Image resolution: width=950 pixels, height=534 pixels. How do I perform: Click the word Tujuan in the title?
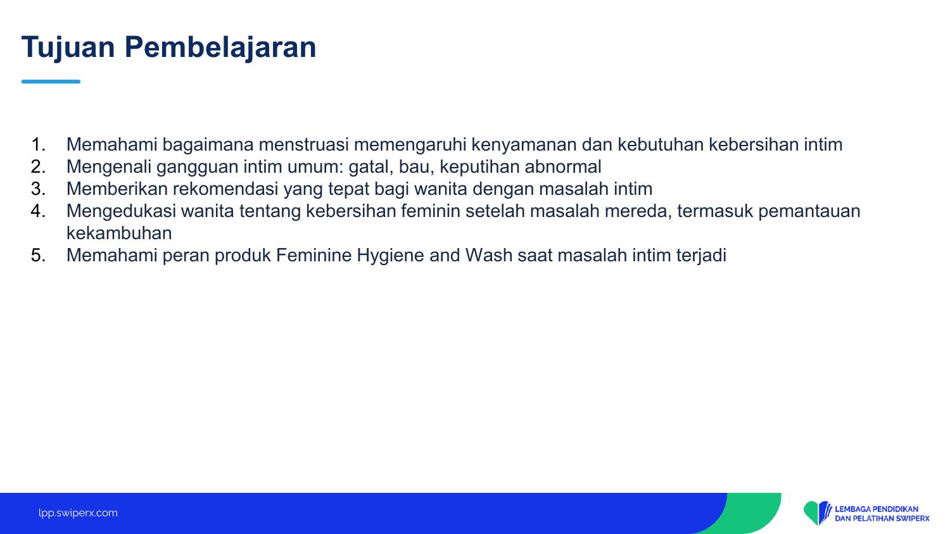[x=68, y=47]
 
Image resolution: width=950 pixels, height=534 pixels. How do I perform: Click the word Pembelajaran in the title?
[x=220, y=47]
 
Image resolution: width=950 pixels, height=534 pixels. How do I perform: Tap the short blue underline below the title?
[x=51, y=82]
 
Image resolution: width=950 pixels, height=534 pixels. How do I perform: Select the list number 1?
[x=38, y=144]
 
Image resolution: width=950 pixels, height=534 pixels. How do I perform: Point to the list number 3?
[x=38, y=189]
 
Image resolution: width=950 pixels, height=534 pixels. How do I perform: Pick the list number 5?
[x=38, y=255]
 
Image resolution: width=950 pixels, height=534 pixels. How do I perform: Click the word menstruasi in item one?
[x=303, y=145]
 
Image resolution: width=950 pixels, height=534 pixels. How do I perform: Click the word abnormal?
[x=563, y=166]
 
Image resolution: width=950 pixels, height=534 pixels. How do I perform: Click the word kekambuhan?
[x=119, y=233]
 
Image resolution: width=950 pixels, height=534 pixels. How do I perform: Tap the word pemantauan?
[x=809, y=211]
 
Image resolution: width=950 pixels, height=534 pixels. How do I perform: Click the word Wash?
[x=488, y=255]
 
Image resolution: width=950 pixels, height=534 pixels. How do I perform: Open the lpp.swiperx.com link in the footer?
[x=78, y=513]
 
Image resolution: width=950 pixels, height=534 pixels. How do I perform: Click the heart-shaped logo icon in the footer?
[x=817, y=513]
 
